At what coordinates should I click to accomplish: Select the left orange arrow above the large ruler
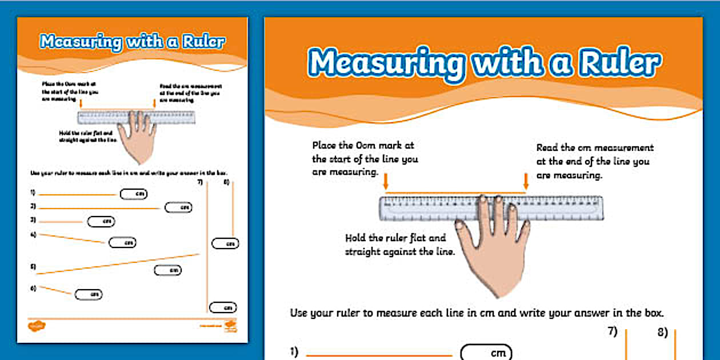pos(386,182)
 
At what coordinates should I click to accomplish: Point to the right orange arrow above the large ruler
pos(526,182)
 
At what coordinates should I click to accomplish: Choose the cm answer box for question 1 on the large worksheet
pos(486,353)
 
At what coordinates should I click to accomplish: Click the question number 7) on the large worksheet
pos(613,332)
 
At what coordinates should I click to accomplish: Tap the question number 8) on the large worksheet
pos(663,332)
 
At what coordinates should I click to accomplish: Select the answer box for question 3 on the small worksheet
pos(101,221)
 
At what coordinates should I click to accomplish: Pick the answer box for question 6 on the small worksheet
pos(89,294)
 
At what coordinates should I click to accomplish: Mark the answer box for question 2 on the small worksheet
pos(178,207)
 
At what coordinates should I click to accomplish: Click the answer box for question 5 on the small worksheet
pos(167,270)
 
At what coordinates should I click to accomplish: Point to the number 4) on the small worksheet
pos(33,234)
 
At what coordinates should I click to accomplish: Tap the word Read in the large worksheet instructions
pos(549,147)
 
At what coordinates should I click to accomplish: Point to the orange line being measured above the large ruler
pos(455,193)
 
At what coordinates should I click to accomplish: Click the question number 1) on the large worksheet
pos(294,353)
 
